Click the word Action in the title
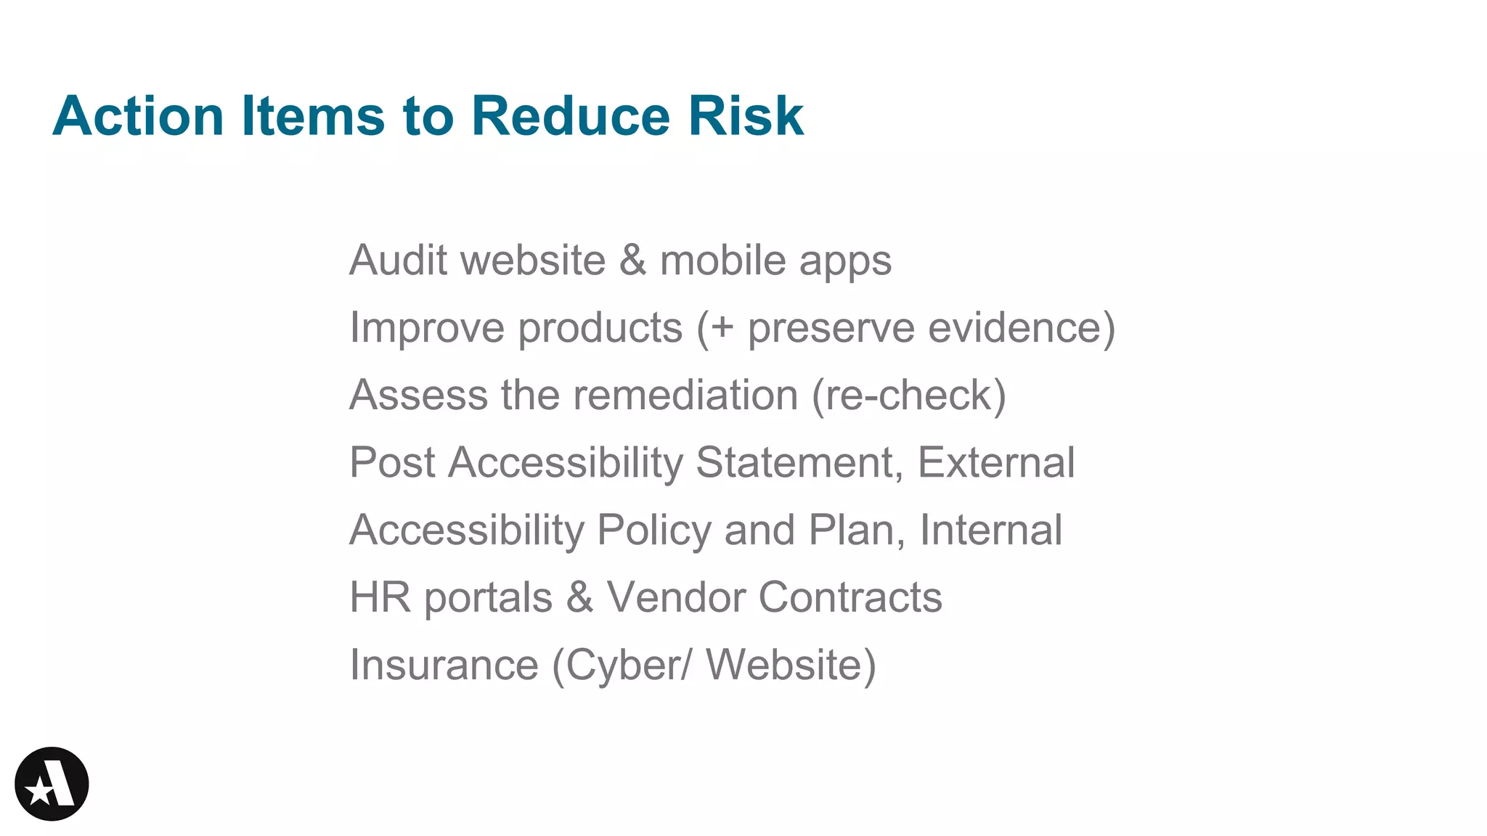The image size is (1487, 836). (x=138, y=116)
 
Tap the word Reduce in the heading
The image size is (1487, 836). (x=570, y=116)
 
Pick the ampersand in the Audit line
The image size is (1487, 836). (x=632, y=260)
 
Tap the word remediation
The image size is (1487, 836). (x=685, y=395)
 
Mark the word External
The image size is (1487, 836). (x=996, y=462)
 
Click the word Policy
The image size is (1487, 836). (x=653, y=530)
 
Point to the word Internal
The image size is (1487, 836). (x=991, y=530)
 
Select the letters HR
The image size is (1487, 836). (x=380, y=597)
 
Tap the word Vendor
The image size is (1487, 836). (x=675, y=597)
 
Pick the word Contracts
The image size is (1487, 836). (x=850, y=597)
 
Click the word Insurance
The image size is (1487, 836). (x=444, y=665)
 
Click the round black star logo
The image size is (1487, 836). (x=52, y=784)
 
